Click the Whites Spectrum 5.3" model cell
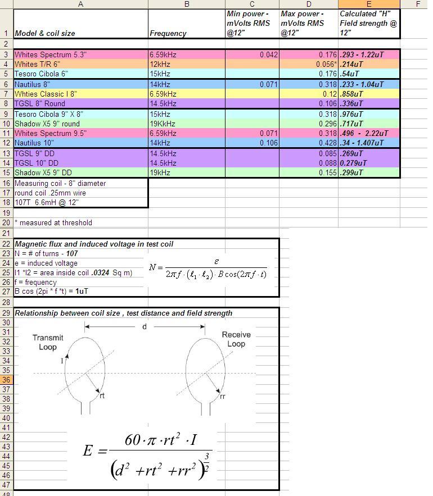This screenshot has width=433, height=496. tap(51, 55)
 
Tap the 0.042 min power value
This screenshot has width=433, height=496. tap(269, 55)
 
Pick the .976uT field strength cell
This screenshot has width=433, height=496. tap(352, 113)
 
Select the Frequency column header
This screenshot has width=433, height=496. tap(168, 33)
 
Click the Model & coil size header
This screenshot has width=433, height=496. tap(45, 33)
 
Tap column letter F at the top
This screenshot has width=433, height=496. tap(418, 4)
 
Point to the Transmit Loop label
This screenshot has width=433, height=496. tap(48, 342)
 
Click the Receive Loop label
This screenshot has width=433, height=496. tap(236, 339)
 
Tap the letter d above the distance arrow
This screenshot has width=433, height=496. tap(145, 326)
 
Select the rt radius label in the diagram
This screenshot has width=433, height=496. tap(102, 395)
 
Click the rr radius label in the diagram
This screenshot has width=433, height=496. tap(223, 397)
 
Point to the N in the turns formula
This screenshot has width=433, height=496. tap(152, 267)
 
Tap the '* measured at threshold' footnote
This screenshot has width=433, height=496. tap(53, 222)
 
